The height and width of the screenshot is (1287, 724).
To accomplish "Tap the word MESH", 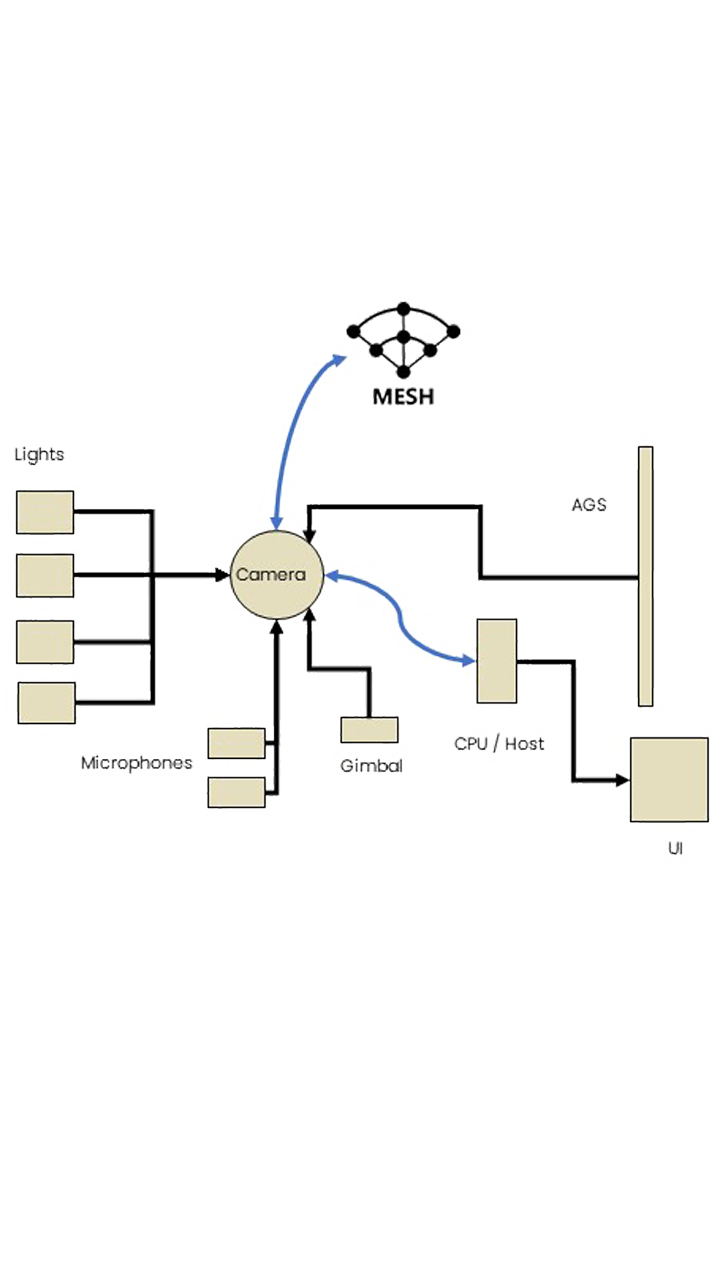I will coord(402,397).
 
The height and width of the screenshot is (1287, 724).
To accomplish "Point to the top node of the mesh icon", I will coord(404,308).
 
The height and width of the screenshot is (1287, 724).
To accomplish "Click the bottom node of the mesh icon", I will coord(403,371).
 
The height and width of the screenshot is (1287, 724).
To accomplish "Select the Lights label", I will coord(40,457).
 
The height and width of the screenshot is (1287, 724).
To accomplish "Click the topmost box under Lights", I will coord(45,512).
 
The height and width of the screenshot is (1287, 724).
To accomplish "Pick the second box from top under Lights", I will coord(45,575).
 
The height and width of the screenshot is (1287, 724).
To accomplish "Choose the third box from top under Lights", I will coord(45,641).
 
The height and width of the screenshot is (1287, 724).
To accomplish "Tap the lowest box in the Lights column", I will coord(46,703).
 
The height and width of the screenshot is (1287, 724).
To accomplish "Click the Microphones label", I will coord(137,763).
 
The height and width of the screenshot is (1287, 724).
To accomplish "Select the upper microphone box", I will coord(237,743).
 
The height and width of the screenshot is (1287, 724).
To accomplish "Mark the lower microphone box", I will coord(237,792).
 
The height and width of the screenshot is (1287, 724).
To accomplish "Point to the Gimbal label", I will coord(371,765).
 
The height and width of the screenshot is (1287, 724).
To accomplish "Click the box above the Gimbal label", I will coord(369,730).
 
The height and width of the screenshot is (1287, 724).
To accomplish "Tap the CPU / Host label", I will coord(499,743).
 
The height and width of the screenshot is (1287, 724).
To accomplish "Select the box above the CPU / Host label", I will coord(497,660).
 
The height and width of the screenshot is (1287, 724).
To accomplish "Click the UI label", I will coord(675,849).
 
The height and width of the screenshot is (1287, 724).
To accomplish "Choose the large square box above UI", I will coord(669,780).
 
